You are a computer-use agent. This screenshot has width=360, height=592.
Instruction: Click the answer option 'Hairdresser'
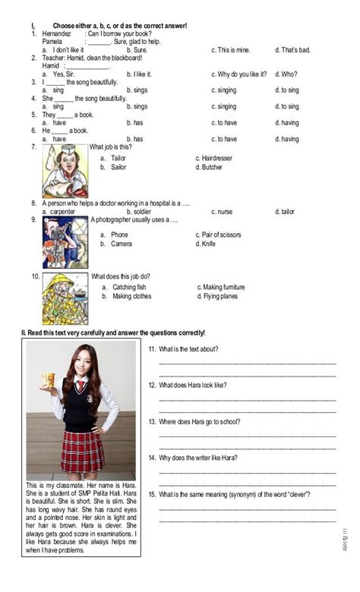pyautogui.click(x=221, y=158)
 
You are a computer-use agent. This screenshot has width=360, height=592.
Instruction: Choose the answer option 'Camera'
pyautogui.click(x=122, y=244)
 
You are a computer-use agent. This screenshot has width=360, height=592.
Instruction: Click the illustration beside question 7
pyautogui.click(x=65, y=171)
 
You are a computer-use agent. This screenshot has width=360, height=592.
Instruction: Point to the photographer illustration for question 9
pyautogui.click(x=65, y=241)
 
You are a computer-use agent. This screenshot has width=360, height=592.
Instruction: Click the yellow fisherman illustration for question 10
pyautogui.click(x=65, y=298)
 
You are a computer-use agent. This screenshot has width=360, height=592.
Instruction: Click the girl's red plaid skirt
pyautogui.click(x=82, y=449)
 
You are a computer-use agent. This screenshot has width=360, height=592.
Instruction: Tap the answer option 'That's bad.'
pyautogui.click(x=292, y=50)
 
